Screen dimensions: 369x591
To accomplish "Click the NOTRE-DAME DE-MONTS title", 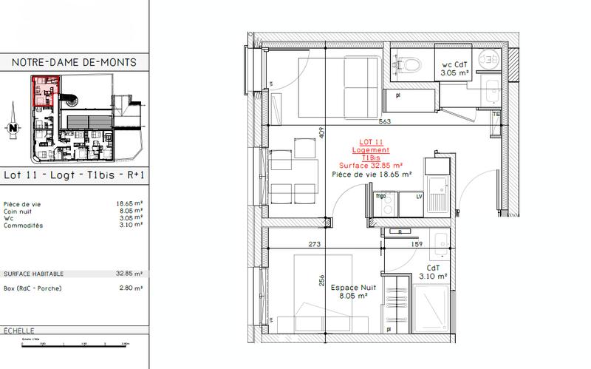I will click(x=75, y=64).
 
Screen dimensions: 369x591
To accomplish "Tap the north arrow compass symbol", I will click(x=13, y=127).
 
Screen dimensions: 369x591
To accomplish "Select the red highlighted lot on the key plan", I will click(x=43, y=91).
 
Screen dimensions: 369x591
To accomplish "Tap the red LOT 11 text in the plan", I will click(x=370, y=141).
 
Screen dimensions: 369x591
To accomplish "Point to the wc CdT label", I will click(x=454, y=65).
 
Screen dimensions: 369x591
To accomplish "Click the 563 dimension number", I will click(x=383, y=122).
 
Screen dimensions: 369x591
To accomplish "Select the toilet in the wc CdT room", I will click(x=406, y=66).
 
